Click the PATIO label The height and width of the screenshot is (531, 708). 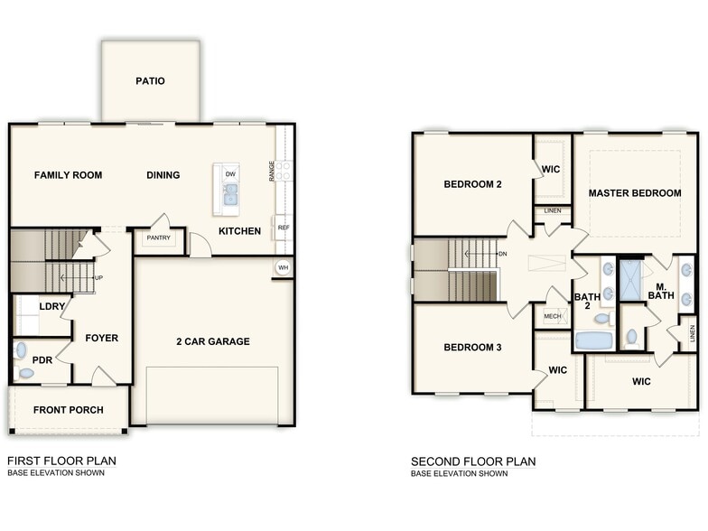click(151, 81)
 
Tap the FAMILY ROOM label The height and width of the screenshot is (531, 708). click(68, 175)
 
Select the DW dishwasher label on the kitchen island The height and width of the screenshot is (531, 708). click(231, 173)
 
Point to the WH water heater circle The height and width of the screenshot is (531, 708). click(284, 267)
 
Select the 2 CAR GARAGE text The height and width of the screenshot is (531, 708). click(213, 341)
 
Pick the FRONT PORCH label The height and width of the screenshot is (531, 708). click(69, 410)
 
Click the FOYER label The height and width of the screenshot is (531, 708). click(102, 339)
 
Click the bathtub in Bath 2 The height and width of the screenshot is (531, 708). click(593, 340)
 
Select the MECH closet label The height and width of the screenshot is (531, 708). click(551, 317)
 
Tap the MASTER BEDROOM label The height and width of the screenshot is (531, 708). click(635, 193)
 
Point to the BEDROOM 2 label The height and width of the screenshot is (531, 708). click(472, 184)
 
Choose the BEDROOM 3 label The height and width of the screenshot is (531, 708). click(472, 348)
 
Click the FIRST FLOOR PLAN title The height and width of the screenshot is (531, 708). click(61, 461)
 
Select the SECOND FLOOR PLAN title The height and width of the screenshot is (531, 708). click(473, 461)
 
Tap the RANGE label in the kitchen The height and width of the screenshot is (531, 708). click(271, 171)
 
